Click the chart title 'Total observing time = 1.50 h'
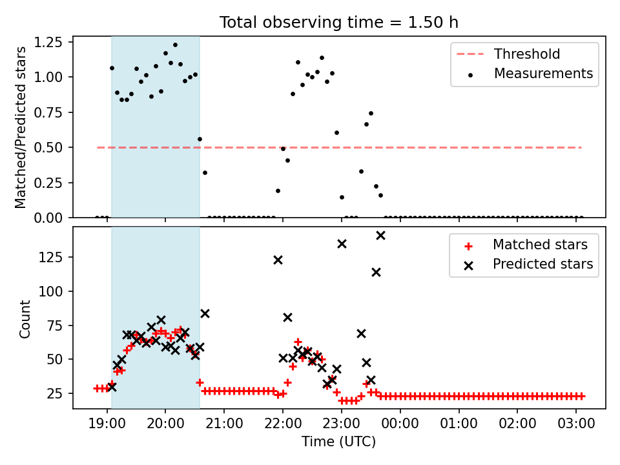(x=339, y=22)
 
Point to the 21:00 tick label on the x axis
(x=224, y=424)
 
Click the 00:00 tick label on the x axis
(x=400, y=424)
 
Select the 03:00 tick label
(x=576, y=424)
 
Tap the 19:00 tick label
(x=107, y=424)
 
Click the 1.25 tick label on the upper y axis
(x=48, y=42)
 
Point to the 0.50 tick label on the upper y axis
(x=48, y=147)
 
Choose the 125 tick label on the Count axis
(x=51, y=257)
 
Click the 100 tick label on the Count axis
(x=51, y=291)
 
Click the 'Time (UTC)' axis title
(x=339, y=442)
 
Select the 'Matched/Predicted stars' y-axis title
(x=20, y=127)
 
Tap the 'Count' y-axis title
(x=25, y=318)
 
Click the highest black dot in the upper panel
(x=175, y=45)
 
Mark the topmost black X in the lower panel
(x=380, y=236)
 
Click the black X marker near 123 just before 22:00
(x=278, y=260)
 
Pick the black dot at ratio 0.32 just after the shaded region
(x=205, y=173)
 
